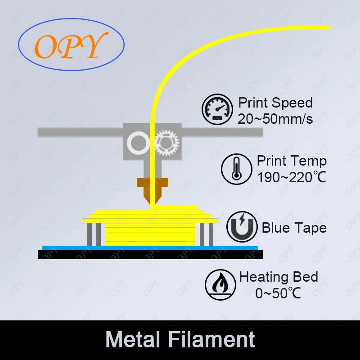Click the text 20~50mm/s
(275, 118)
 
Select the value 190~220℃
(291, 177)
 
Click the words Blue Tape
(294, 228)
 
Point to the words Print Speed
(275, 103)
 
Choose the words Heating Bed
(279, 277)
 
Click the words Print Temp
(292, 161)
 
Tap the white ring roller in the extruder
(138, 144)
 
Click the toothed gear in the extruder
(166, 144)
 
